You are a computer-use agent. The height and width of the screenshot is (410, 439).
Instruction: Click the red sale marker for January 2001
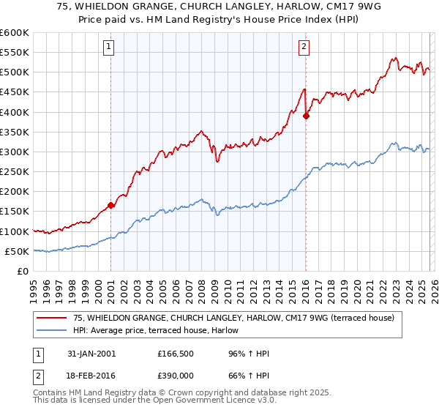click(x=111, y=206)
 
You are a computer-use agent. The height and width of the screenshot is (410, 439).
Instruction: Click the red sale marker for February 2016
click(x=306, y=116)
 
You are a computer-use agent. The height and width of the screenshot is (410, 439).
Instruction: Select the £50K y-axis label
click(x=16, y=251)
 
